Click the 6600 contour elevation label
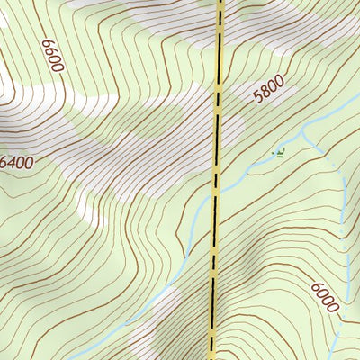tap(53, 54)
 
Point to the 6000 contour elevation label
tap(325, 297)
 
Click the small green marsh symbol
tap(279, 154)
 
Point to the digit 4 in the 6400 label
tap(13, 163)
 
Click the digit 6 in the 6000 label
tap(317, 288)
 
